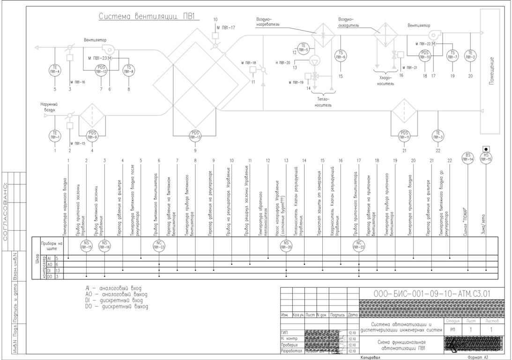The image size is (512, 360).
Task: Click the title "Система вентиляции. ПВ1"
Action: (x=148, y=17)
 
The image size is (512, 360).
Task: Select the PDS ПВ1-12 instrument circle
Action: (x=102, y=69)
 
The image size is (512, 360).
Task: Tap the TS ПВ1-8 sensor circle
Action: (x=129, y=69)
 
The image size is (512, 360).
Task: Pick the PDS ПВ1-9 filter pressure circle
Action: (x=92, y=135)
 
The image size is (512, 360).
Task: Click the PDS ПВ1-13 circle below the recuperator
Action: (x=195, y=135)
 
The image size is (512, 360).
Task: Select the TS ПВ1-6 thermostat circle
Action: (x=341, y=55)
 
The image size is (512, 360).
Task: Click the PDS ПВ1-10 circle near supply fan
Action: (x=425, y=55)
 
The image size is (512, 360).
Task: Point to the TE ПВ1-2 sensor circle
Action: (x=470, y=55)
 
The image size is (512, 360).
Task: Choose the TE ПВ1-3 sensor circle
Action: (x=438, y=135)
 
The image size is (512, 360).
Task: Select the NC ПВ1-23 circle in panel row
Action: (x=159, y=245)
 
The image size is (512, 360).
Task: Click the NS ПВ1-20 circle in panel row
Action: (x=286, y=245)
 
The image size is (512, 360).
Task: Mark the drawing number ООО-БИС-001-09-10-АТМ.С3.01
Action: (x=431, y=294)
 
